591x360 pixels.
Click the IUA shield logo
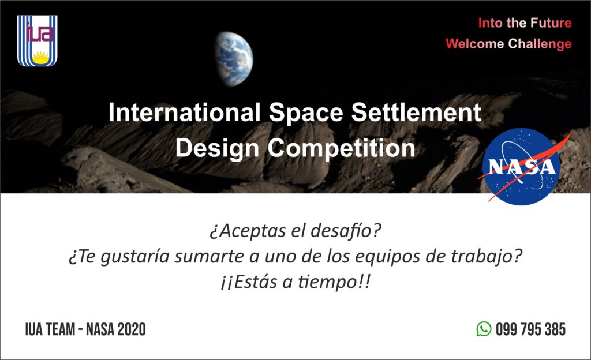click(x=37, y=40)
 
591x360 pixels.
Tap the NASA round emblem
click(x=522, y=167)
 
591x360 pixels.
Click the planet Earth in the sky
click(x=234, y=59)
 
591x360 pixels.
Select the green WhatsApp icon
click(x=484, y=329)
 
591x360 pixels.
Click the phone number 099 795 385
click(x=531, y=329)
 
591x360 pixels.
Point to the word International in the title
click(x=184, y=112)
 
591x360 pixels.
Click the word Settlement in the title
click(x=416, y=112)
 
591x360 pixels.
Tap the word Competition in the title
click(x=342, y=149)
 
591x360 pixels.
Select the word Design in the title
click(x=217, y=149)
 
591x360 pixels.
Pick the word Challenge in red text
click(x=540, y=44)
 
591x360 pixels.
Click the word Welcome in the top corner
click(x=475, y=44)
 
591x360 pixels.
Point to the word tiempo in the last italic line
click(x=327, y=283)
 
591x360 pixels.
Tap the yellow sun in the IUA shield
click(x=41, y=58)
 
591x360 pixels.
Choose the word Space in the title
click(x=306, y=113)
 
